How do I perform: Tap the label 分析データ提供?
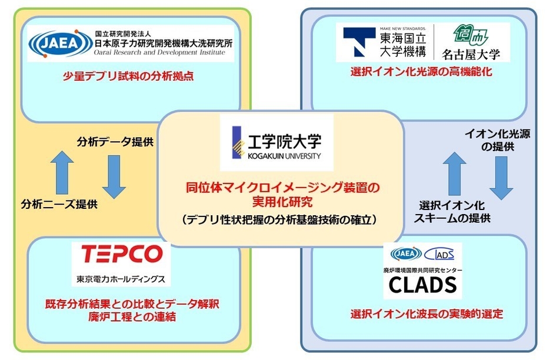click(115, 142)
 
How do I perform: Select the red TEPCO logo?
click(121, 254)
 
